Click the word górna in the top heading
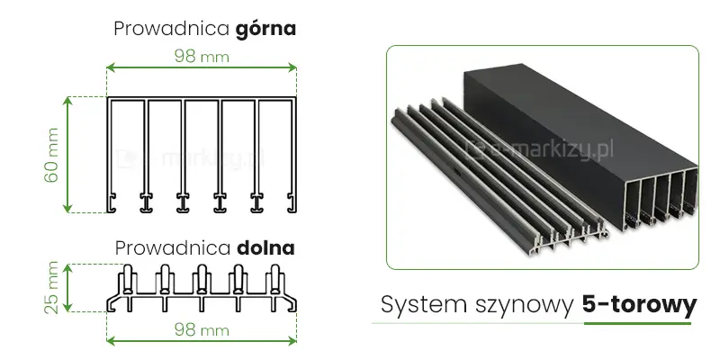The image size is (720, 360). point(265,29)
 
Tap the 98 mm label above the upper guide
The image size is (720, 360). point(202,55)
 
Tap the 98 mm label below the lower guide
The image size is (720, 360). point(202,330)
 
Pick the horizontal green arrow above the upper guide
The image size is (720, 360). point(202,67)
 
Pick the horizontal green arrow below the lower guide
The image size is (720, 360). point(202,342)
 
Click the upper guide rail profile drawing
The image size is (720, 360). point(202,153)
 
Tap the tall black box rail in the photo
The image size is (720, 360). point(576,135)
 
